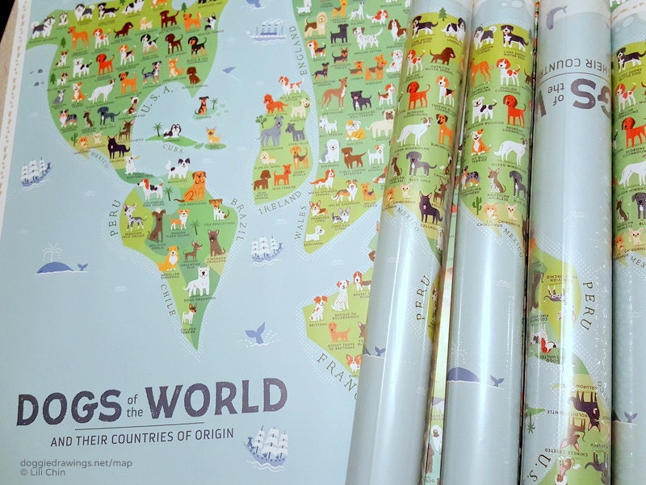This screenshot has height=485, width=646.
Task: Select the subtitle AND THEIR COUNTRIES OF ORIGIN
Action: pos(141,437)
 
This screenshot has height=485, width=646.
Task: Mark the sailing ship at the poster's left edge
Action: pos(35,172)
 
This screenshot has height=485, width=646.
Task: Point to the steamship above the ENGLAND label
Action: pos(269,31)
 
